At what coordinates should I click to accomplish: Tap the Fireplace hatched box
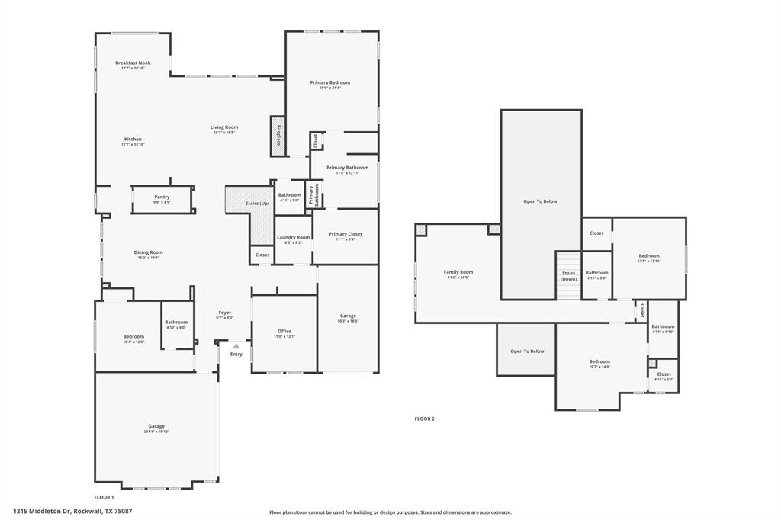point(278,136)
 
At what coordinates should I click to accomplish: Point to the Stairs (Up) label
point(257,204)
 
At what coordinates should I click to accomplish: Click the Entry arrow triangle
point(236,347)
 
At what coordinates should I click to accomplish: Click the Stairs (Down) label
point(568,275)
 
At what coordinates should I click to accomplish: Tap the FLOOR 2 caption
point(424,419)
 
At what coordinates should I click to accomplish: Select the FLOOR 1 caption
point(104,497)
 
